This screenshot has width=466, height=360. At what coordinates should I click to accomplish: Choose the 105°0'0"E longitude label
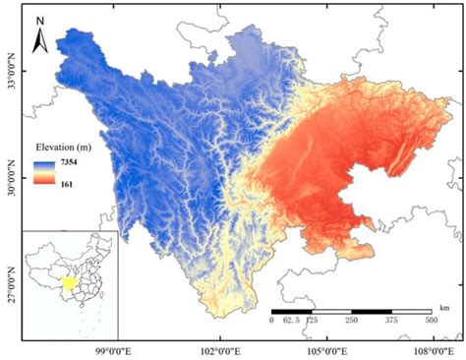click(323, 348)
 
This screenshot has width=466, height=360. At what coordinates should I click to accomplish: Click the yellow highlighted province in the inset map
click(69, 284)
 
